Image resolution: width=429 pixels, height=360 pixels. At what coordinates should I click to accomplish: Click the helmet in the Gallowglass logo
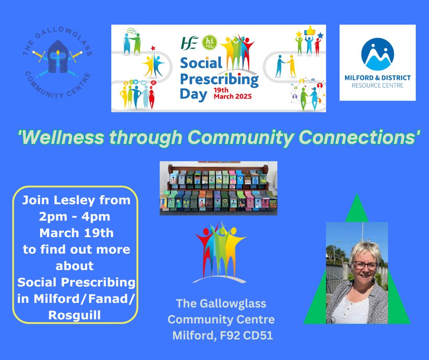point(58,57)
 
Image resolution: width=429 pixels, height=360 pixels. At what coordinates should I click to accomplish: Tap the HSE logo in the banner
point(190,43)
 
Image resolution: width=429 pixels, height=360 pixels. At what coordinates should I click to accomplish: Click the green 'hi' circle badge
point(209,42)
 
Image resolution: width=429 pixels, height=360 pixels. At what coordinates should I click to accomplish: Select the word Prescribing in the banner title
point(219,79)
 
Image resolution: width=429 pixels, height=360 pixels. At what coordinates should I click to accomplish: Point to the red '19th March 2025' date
point(233,93)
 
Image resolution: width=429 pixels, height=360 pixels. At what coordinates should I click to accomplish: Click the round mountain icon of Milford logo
point(377,54)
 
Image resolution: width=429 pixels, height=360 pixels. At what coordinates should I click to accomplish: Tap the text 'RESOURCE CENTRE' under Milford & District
point(377,85)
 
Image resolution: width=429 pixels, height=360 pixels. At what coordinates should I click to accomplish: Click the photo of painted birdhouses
point(218,188)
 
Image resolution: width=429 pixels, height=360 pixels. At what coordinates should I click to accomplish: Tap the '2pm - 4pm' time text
point(74,217)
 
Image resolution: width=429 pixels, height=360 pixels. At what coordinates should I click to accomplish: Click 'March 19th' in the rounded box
point(76,233)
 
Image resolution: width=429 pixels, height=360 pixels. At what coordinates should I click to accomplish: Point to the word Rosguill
point(74,315)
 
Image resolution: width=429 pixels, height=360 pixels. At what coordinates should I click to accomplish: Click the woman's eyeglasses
point(366,265)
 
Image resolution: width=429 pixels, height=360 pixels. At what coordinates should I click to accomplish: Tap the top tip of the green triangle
point(357,194)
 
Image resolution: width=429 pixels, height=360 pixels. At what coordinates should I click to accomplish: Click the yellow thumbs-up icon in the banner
point(310,30)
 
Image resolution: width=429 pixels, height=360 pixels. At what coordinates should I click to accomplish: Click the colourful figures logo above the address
point(220,252)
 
